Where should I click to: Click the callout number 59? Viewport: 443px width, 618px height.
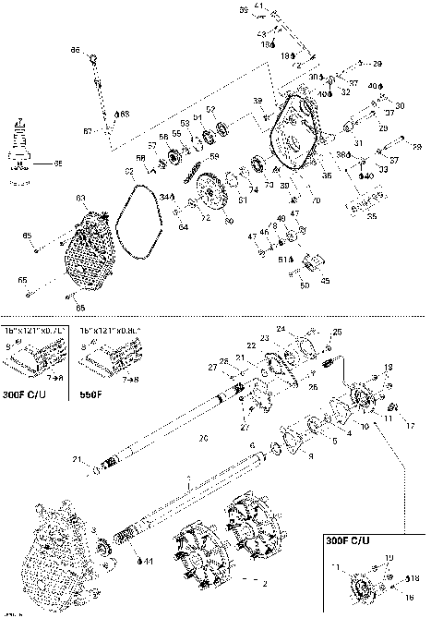click(x=215, y=156)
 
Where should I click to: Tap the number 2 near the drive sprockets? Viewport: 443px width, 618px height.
click(x=266, y=584)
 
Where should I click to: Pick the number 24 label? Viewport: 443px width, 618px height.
click(x=306, y=328)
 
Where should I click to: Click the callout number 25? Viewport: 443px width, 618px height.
click(x=338, y=332)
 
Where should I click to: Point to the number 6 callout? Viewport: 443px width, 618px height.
click(x=251, y=445)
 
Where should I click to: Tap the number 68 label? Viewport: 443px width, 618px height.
click(x=125, y=114)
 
